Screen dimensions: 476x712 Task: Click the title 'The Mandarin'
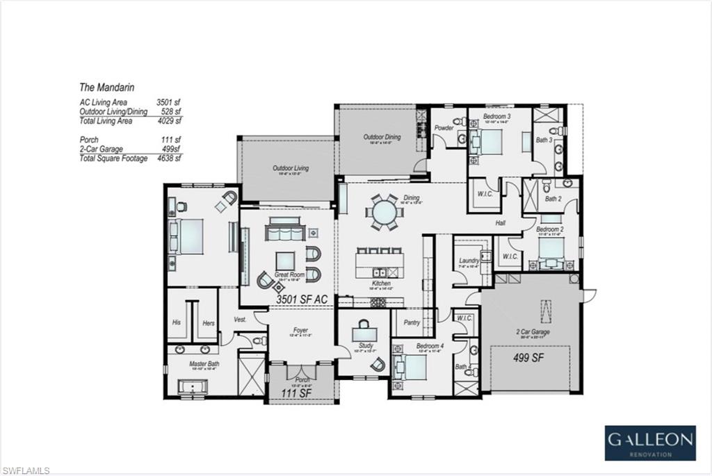(x=106, y=88)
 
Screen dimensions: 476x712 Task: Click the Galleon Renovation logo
(x=649, y=443)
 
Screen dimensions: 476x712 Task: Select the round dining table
(x=384, y=213)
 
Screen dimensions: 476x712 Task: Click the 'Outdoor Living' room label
(x=290, y=168)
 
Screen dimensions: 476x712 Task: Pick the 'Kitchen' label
(x=381, y=284)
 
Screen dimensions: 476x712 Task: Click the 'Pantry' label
(x=411, y=322)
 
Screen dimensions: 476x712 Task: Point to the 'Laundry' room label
(x=469, y=261)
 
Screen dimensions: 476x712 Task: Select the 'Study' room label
(x=366, y=345)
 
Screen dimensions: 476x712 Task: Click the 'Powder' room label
(x=444, y=128)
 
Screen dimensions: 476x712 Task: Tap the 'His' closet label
(x=177, y=322)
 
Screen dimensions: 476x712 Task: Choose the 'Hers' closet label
(x=208, y=322)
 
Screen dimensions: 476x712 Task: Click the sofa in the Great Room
(x=282, y=229)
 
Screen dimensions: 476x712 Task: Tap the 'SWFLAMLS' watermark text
(x=26, y=470)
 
